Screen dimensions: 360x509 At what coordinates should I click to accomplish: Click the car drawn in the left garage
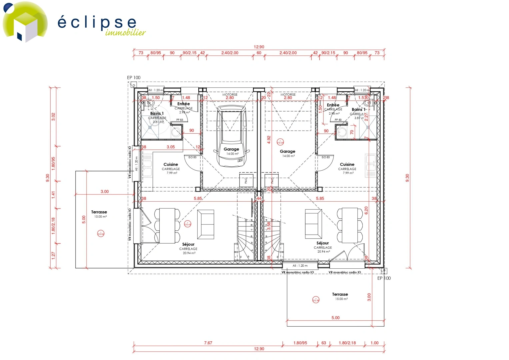pos(231,135)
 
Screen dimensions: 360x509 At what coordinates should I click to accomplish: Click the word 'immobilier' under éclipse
pos(125,32)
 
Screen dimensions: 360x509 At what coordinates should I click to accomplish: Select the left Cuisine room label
pos(171,164)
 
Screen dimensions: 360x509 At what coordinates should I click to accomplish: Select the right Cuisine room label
pos(347,164)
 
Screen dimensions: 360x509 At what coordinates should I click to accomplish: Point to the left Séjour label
pos(188,244)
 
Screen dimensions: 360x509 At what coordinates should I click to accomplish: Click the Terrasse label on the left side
pos(99,212)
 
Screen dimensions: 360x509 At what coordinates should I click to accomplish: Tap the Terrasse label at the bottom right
pos(340,294)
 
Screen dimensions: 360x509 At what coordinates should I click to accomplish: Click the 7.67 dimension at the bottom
pos(208,343)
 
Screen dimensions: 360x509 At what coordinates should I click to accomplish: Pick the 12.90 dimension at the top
pos(259,47)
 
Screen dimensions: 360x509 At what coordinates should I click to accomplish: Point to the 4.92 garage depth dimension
pos(269,140)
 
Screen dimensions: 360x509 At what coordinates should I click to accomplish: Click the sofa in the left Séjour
pos(206,224)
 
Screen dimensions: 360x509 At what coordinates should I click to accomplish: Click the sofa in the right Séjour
pos(313,224)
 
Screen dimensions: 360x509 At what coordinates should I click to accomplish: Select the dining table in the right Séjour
pos(349,225)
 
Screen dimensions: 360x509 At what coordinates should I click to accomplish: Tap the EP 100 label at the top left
pos(134,77)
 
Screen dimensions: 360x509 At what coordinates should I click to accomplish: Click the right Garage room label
pos(287,151)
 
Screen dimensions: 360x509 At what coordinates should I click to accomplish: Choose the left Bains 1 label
pos(157,113)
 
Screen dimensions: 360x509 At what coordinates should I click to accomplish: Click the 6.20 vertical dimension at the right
pos(366,210)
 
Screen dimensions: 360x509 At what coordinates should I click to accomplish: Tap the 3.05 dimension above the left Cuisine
pos(171,147)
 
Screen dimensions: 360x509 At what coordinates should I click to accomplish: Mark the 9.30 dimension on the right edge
pos(407,178)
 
